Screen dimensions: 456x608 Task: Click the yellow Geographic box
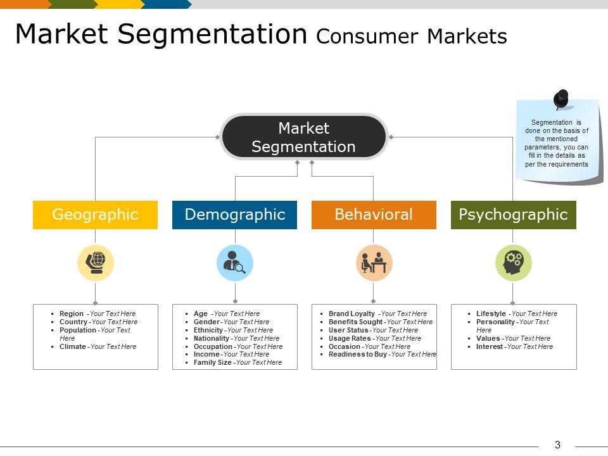point(95,215)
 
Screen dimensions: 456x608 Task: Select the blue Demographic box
point(235,215)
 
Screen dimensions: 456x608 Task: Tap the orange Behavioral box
point(374,215)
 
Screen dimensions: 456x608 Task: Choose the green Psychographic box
point(513,215)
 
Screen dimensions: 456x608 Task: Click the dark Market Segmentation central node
point(303,137)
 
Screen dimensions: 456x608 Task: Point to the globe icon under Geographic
point(96,262)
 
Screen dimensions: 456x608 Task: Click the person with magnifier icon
point(235,262)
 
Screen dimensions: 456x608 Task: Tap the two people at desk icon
point(374,262)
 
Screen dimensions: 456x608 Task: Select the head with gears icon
point(513,262)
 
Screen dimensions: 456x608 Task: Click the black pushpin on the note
point(561,99)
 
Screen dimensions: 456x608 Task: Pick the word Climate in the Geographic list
point(72,347)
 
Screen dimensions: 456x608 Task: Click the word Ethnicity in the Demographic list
point(208,330)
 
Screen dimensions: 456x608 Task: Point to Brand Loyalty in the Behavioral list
point(351,313)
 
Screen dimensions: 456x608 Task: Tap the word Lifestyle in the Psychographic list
point(491,313)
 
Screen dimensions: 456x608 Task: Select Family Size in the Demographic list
point(212,363)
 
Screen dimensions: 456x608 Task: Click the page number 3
point(557,445)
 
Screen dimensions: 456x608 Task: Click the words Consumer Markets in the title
point(411,37)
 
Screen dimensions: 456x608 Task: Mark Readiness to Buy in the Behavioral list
point(357,355)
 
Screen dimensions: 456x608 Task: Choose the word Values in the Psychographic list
point(488,338)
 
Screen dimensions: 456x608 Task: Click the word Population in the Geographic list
point(78,330)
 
